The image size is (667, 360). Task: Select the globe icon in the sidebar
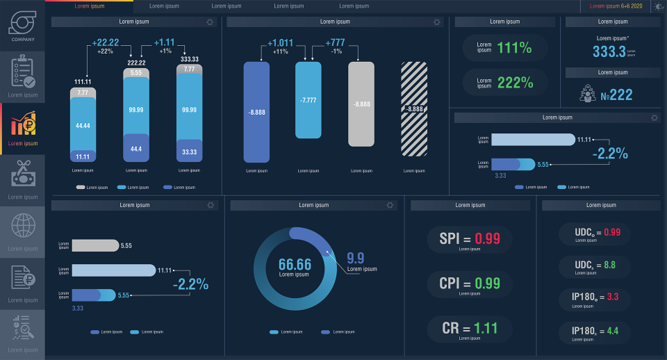coord(23,226)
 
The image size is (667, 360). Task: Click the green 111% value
coord(515,48)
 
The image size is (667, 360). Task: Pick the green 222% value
coord(515,83)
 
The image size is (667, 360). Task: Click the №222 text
coord(616,95)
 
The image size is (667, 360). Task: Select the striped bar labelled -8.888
coord(414,108)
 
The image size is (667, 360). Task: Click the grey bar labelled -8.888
coord(361,104)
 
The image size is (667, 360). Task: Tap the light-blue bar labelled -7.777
coord(308,100)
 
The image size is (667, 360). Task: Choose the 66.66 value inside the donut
coord(295,264)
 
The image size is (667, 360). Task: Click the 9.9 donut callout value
coord(355,259)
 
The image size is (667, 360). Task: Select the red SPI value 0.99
coord(488,238)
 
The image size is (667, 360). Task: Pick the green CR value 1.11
coord(486,328)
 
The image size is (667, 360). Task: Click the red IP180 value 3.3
coord(613,297)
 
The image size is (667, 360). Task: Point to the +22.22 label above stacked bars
coord(105,43)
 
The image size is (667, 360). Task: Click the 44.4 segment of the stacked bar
coord(136,149)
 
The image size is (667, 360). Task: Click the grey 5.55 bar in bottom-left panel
coord(95,245)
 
